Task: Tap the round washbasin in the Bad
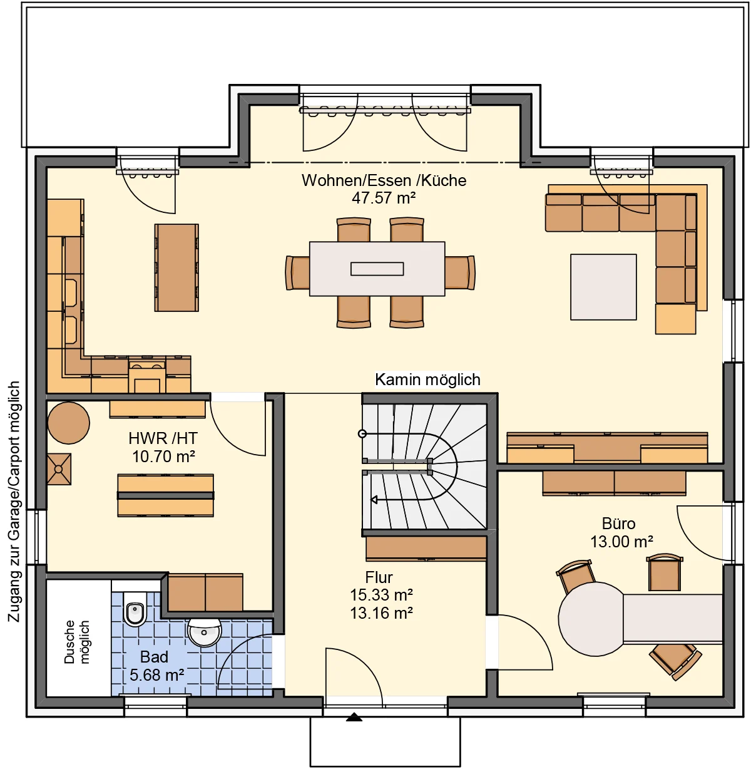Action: click(x=204, y=632)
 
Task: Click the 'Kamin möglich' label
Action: click(x=427, y=379)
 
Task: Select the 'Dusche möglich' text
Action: click(x=76, y=642)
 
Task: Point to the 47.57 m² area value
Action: click(x=384, y=198)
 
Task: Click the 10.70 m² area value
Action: click(x=163, y=457)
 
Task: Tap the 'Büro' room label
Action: click(x=618, y=524)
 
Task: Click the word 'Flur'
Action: click(x=379, y=577)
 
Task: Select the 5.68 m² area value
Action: click(x=156, y=675)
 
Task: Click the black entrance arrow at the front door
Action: click(x=354, y=717)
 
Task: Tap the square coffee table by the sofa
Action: click(x=603, y=287)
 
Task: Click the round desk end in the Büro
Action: click(x=591, y=619)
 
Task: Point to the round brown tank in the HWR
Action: click(x=69, y=423)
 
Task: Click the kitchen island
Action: click(x=176, y=267)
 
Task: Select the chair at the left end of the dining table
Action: click(x=297, y=272)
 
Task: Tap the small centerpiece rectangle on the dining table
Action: click(x=377, y=269)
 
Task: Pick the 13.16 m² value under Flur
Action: click(x=381, y=613)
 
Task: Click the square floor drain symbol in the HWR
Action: click(x=59, y=469)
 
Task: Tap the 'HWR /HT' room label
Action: click(x=163, y=438)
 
